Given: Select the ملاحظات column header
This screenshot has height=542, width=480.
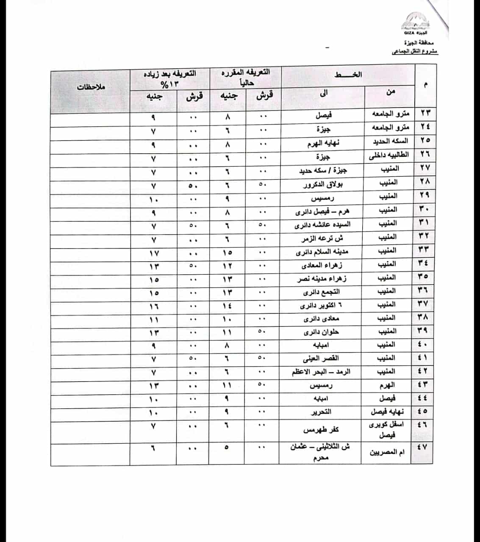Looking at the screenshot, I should click(91, 87).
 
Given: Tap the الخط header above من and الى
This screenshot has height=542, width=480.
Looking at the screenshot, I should click(348, 75).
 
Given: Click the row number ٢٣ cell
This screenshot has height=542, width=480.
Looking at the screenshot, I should click(425, 114).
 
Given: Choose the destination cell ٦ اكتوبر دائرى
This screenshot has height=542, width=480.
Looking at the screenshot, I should click(320, 305).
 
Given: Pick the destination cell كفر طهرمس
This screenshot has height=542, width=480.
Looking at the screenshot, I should click(321, 430).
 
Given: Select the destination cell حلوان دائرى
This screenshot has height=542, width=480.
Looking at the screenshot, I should click(321, 332).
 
